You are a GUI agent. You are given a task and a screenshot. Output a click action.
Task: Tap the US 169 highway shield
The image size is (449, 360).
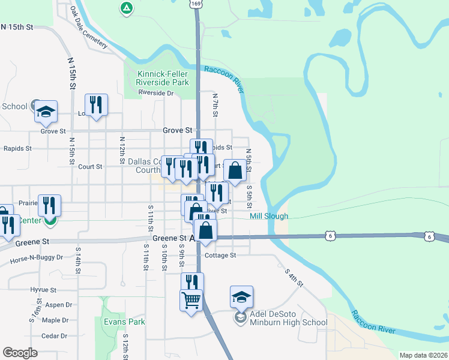(x=197, y=4)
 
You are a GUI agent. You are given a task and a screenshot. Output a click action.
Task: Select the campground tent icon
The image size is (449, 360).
(x=126, y=8)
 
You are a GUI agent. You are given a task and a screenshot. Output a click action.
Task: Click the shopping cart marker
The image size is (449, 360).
(x=191, y=299)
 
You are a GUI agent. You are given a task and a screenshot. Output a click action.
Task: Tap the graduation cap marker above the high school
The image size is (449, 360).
(x=241, y=296)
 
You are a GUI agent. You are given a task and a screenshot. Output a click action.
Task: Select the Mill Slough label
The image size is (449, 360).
(x=269, y=216)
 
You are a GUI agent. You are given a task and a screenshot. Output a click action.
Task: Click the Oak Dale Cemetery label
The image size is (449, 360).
(x=88, y=28)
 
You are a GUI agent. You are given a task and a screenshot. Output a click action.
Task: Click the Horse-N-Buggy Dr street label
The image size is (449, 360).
(x=37, y=258)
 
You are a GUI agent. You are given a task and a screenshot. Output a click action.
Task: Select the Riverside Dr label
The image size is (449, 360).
(x=155, y=93)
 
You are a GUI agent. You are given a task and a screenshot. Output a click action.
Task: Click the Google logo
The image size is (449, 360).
(x=20, y=352)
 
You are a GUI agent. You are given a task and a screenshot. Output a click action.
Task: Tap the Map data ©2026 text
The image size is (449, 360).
(x=423, y=355)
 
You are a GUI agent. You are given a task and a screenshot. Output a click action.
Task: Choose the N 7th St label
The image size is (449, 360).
(x=214, y=104)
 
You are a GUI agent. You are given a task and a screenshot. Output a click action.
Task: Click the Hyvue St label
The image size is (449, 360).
(x=43, y=289)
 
